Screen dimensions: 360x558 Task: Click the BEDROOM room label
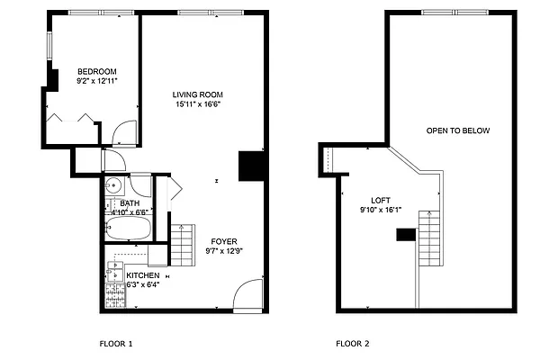click(x=96, y=71)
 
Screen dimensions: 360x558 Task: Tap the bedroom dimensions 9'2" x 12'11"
click(x=96, y=81)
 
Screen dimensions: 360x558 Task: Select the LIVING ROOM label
click(x=198, y=94)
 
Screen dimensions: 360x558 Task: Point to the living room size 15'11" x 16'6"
click(x=198, y=104)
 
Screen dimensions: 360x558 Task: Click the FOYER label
click(x=224, y=241)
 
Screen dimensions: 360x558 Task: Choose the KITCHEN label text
click(x=143, y=275)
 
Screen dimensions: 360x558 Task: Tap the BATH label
click(x=130, y=203)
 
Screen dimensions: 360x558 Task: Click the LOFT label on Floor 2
click(x=381, y=201)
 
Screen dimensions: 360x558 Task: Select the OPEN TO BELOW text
click(x=458, y=130)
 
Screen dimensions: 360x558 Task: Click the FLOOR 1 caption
click(x=115, y=344)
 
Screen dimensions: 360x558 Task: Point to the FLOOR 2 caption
click(x=353, y=344)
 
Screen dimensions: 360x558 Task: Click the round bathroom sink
click(x=113, y=185)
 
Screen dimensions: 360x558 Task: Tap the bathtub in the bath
click(x=127, y=229)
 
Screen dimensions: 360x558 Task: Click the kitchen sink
click(x=113, y=267)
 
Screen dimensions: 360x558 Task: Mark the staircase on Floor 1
click(x=183, y=243)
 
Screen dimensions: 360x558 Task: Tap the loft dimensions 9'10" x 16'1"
click(x=381, y=211)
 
